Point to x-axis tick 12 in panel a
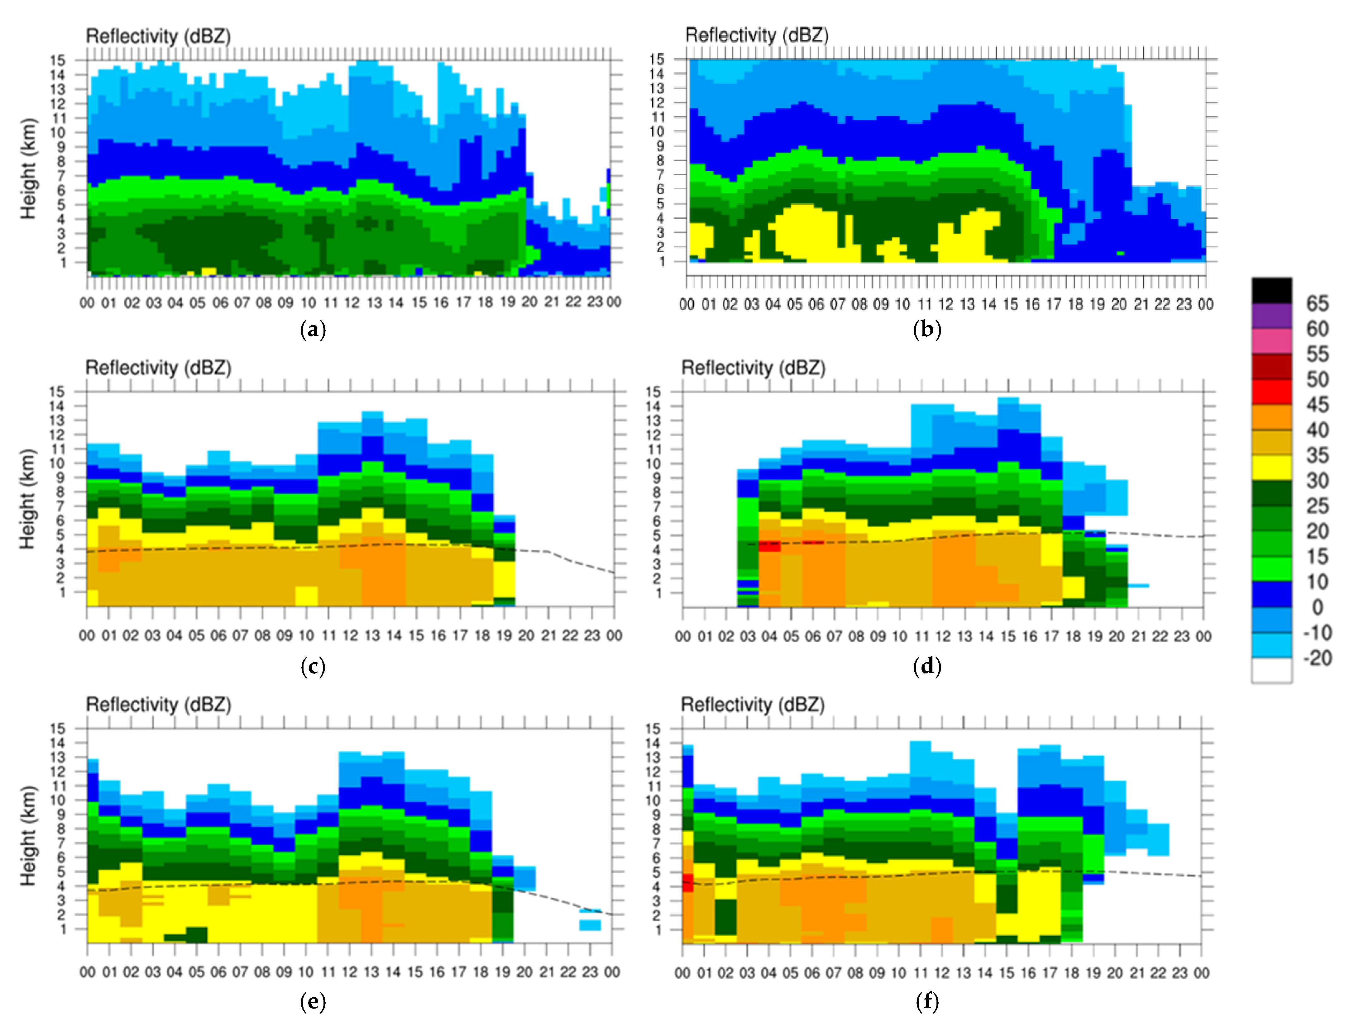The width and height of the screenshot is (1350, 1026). tap(352, 302)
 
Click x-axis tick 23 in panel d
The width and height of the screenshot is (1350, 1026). tap(1181, 636)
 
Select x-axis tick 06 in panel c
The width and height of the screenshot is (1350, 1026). tap(218, 636)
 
